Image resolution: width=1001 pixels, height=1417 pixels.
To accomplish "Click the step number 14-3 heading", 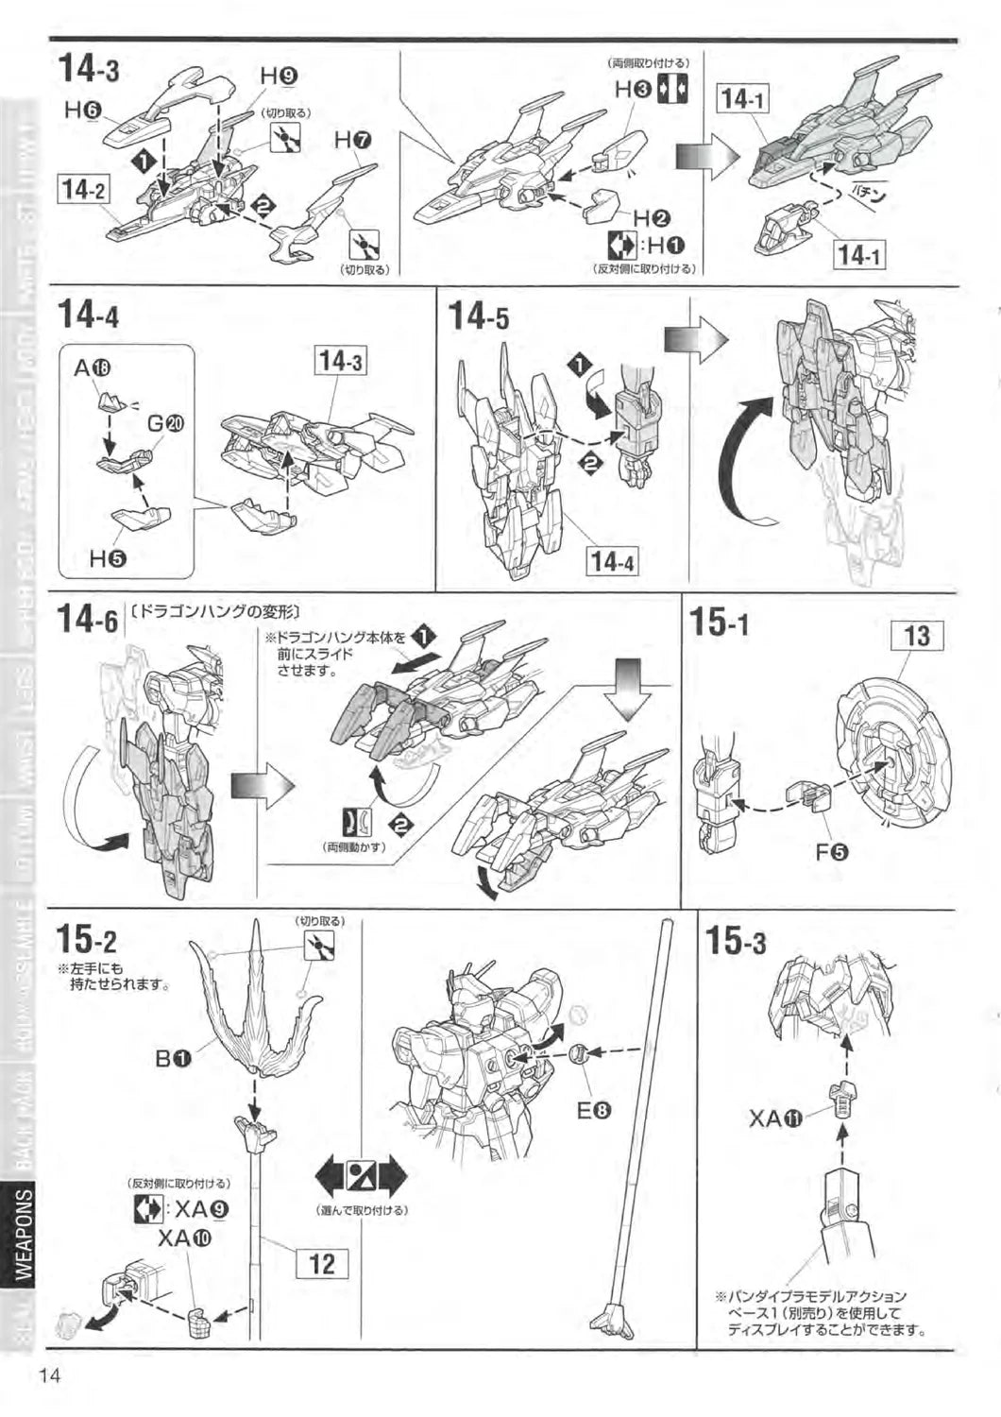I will click(x=89, y=69).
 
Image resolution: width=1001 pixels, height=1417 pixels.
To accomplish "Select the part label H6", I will click(x=82, y=111).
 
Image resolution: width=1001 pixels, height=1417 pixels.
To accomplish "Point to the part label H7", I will click(x=353, y=141).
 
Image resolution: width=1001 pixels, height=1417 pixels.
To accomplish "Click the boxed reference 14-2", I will click(x=83, y=189).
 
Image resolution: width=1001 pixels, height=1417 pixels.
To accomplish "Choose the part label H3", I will click(x=634, y=90).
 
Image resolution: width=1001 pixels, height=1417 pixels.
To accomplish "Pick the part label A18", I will click(x=93, y=369).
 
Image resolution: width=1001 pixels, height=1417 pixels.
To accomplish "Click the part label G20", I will click(x=165, y=423).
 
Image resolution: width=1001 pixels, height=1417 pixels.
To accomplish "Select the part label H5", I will click(x=108, y=558).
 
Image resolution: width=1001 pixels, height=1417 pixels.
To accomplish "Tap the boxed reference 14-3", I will click(x=341, y=361).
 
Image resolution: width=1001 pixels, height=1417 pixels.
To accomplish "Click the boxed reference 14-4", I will click(x=612, y=562).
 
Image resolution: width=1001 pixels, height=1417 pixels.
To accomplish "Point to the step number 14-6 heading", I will click(x=87, y=619).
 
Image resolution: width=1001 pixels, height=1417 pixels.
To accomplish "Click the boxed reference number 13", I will click(x=917, y=636).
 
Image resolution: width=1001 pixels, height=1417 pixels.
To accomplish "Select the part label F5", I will click(x=832, y=852).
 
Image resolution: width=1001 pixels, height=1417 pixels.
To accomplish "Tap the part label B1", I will click(x=174, y=1059).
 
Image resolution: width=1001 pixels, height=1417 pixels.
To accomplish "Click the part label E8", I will click(x=594, y=1111).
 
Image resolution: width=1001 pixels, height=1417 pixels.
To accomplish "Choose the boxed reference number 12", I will click(x=322, y=1263).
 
